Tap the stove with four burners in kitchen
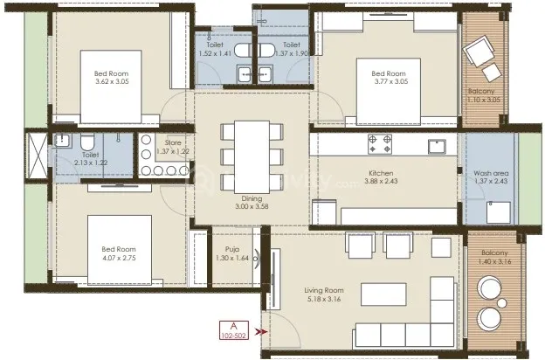tap(381, 142)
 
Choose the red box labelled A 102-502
tap(232, 330)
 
